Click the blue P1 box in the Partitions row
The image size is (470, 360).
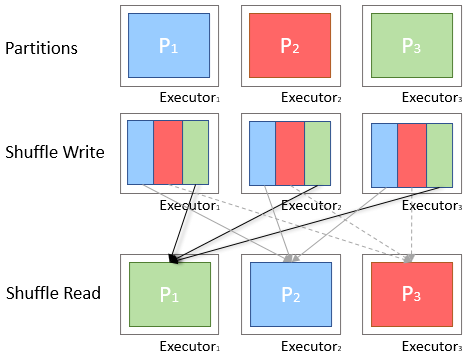pyautogui.click(x=168, y=46)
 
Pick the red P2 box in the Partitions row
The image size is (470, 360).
pyautogui.click(x=290, y=46)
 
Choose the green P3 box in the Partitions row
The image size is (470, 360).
pyautogui.click(x=410, y=46)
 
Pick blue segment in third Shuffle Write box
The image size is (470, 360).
pyautogui.click(x=384, y=152)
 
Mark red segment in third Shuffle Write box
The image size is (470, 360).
pyautogui.click(x=411, y=152)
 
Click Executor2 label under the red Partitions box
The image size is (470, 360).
pyautogui.click(x=311, y=98)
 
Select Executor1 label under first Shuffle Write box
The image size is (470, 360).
pyautogui.click(x=190, y=205)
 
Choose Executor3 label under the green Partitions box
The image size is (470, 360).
pyautogui.click(x=432, y=98)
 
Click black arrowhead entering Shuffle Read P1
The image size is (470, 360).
pyautogui.click(x=173, y=259)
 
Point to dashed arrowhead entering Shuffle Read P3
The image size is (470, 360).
pyautogui.click(x=412, y=258)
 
